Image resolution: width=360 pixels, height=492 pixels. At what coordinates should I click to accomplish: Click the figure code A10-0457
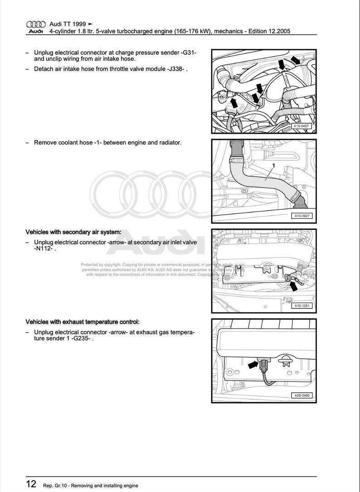click(x=302, y=126)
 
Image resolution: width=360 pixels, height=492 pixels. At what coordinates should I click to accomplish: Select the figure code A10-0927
click(x=302, y=216)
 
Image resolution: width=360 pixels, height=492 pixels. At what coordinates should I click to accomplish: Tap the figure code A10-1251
click(x=302, y=306)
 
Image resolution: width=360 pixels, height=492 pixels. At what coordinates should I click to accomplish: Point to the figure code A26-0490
click(x=302, y=396)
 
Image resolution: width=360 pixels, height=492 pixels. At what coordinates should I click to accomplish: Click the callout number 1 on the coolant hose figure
click(x=273, y=166)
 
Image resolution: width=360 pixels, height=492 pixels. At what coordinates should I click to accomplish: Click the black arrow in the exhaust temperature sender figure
click(x=253, y=363)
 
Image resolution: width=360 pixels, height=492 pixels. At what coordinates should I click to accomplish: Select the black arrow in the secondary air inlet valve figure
click(x=294, y=285)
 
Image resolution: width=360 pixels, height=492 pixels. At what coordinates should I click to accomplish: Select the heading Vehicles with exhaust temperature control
click(x=82, y=322)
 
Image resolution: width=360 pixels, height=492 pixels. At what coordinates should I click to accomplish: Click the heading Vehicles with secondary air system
click(x=73, y=232)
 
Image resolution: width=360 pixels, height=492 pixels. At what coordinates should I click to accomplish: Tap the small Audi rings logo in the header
click(x=36, y=24)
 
